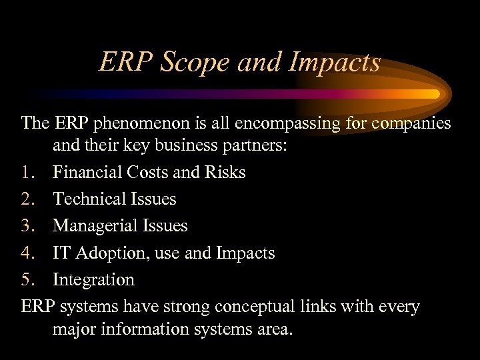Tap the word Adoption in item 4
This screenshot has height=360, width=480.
click(110, 253)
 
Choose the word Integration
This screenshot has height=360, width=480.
click(93, 279)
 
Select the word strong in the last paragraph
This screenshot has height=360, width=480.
click(191, 307)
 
